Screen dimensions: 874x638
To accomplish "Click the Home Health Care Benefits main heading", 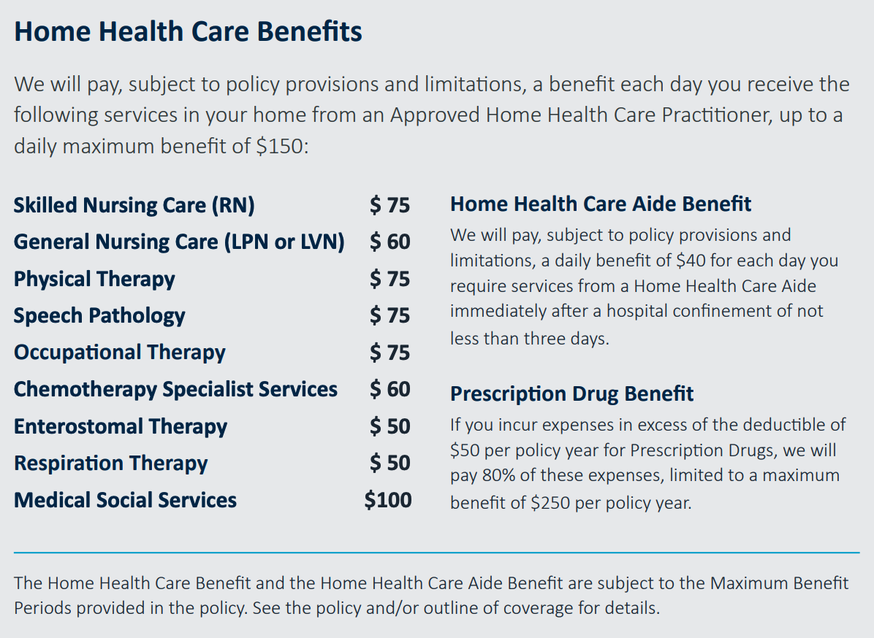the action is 188,31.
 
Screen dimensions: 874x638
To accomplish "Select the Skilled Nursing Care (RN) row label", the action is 134,205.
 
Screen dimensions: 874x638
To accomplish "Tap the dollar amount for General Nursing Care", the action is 389,242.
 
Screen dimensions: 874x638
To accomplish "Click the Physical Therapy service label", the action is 94,280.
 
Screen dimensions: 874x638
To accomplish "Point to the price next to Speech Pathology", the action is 389,315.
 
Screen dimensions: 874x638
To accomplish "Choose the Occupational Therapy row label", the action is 120,353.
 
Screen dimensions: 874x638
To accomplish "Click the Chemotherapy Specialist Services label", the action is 175,390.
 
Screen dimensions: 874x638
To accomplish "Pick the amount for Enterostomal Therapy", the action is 389,426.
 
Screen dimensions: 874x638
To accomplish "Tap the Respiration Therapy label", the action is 111,464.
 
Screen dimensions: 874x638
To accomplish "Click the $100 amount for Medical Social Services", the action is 388,500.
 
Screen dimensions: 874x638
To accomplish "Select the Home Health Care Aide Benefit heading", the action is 601,204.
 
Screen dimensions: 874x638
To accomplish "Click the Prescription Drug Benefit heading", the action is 572,394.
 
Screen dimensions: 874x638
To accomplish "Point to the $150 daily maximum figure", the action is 282,147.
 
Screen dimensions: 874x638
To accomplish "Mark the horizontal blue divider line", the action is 437,553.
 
